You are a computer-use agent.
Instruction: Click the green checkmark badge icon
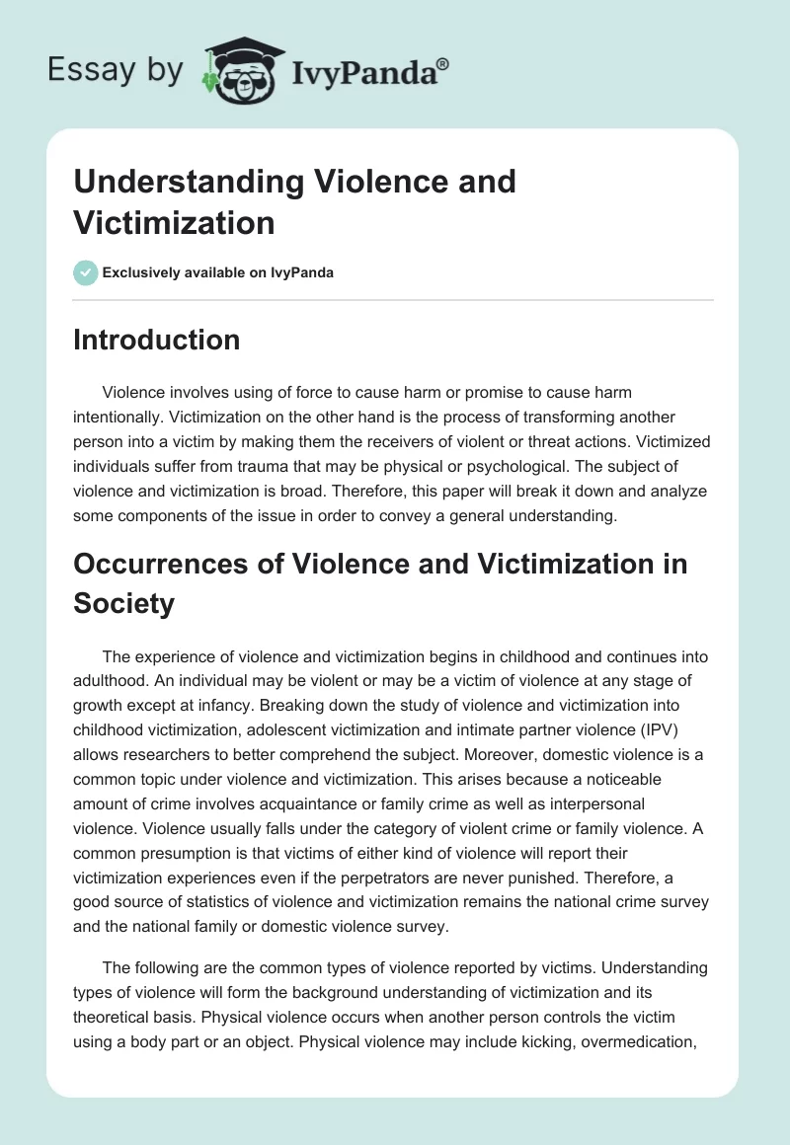[85, 272]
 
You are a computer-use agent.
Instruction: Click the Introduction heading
[156, 340]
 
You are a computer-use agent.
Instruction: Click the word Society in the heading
[123, 602]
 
